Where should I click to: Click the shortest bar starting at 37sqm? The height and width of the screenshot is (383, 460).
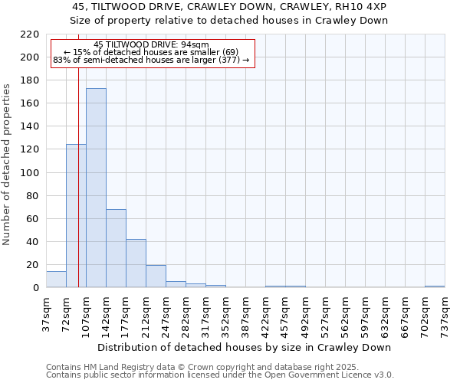click(56, 280)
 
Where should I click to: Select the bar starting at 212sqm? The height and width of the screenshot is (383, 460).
click(156, 277)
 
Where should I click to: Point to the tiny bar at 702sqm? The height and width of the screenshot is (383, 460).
click(435, 286)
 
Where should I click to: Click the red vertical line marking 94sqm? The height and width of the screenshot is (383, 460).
click(78, 191)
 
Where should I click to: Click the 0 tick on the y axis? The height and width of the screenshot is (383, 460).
click(35, 288)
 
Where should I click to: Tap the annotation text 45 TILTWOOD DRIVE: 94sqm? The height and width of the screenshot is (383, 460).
click(151, 45)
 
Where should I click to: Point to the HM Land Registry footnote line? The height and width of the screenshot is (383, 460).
click(186, 367)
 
